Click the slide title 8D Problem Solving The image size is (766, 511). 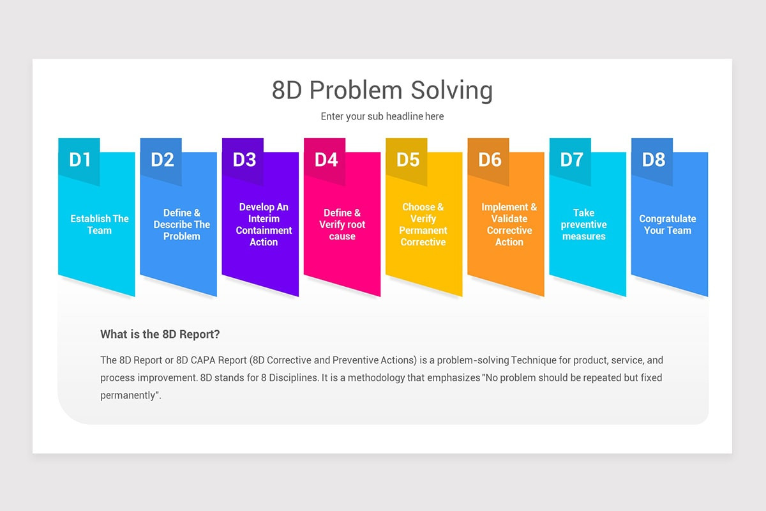pyautogui.click(x=382, y=90)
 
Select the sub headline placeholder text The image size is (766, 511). pyautogui.click(x=382, y=116)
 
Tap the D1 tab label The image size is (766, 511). pyautogui.click(x=80, y=160)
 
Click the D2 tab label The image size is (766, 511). pyautogui.click(x=162, y=160)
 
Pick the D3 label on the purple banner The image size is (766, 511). pyautogui.click(x=244, y=160)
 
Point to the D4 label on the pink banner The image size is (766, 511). pyautogui.click(x=326, y=160)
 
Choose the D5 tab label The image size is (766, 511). pyautogui.click(x=408, y=160)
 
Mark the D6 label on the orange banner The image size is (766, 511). pyautogui.click(x=490, y=160)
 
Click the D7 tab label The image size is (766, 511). pyautogui.click(x=571, y=160)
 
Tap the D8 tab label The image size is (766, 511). pyautogui.click(x=653, y=160)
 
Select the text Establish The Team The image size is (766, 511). pyautogui.click(x=100, y=224)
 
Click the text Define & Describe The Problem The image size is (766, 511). pyautogui.click(x=182, y=224)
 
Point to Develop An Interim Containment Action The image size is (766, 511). pyautogui.click(x=264, y=224)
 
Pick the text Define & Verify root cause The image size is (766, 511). pyautogui.click(x=342, y=224)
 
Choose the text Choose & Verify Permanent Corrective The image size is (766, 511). pyautogui.click(x=423, y=224)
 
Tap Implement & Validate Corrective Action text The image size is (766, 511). pyautogui.click(x=509, y=224)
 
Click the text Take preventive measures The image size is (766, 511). pyautogui.click(x=583, y=224)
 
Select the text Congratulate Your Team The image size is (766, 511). pyautogui.click(x=668, y=224)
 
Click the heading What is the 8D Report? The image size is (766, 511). pyautogui.click(x=160, y=334)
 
